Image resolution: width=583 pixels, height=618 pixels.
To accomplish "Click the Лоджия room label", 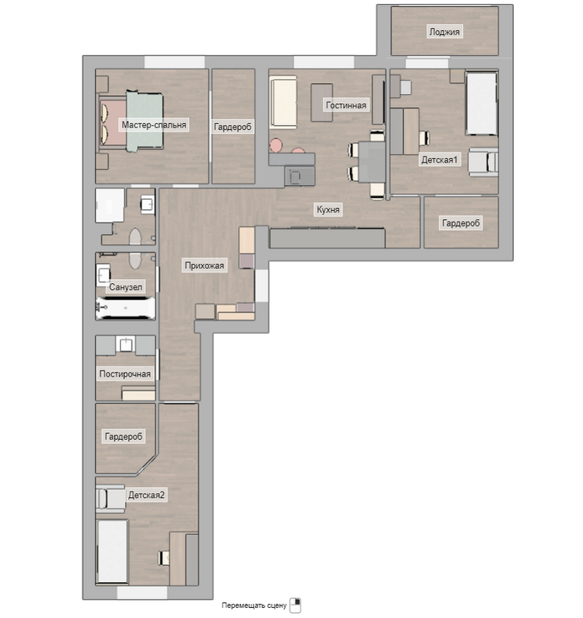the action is (444, 32).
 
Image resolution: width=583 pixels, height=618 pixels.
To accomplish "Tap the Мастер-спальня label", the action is (154, 125).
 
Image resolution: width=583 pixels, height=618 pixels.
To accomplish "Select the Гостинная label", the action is (346, 105).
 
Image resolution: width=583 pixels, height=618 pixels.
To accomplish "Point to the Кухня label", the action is (328, 209).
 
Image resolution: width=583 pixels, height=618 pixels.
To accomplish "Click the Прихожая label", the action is (204, 266).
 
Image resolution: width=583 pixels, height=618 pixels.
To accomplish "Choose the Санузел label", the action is (126, 287).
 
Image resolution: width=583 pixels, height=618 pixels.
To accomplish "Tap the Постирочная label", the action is (125, 374).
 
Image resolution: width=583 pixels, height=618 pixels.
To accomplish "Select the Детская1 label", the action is (439, 160).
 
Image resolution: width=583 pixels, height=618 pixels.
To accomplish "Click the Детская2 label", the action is (146, 495).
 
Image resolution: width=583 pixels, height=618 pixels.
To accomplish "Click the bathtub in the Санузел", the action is (126, 307).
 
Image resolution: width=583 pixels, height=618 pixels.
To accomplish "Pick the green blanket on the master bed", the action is (145, 121).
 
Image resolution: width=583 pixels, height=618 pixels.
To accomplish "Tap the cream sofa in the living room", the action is (283, 102).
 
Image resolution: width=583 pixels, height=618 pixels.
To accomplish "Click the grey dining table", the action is (371, 162).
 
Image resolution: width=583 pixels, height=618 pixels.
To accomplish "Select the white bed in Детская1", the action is (481, 103).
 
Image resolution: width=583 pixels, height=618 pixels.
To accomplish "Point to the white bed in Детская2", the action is (112, 551).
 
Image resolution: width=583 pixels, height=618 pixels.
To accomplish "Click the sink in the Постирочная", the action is (126, 344).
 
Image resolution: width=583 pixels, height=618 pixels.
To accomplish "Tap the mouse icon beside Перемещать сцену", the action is (295, 605).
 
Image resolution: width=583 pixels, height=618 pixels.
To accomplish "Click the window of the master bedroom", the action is (174, 62).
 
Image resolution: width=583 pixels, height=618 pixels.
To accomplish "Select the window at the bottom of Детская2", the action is (142, 593).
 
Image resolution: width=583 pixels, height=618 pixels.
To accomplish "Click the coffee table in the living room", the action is (321, 102).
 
